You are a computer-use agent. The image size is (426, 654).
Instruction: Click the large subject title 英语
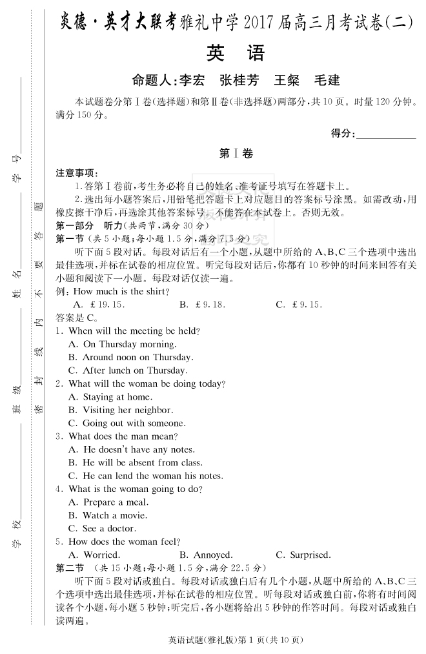236,52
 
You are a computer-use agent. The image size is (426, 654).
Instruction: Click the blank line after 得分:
386,134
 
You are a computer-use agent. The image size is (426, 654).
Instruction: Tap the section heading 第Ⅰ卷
236,154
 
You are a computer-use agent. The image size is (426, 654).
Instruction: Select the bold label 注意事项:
77,173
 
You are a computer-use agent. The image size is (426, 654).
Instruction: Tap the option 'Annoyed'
206,555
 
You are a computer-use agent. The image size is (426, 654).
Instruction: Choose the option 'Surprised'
303,555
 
